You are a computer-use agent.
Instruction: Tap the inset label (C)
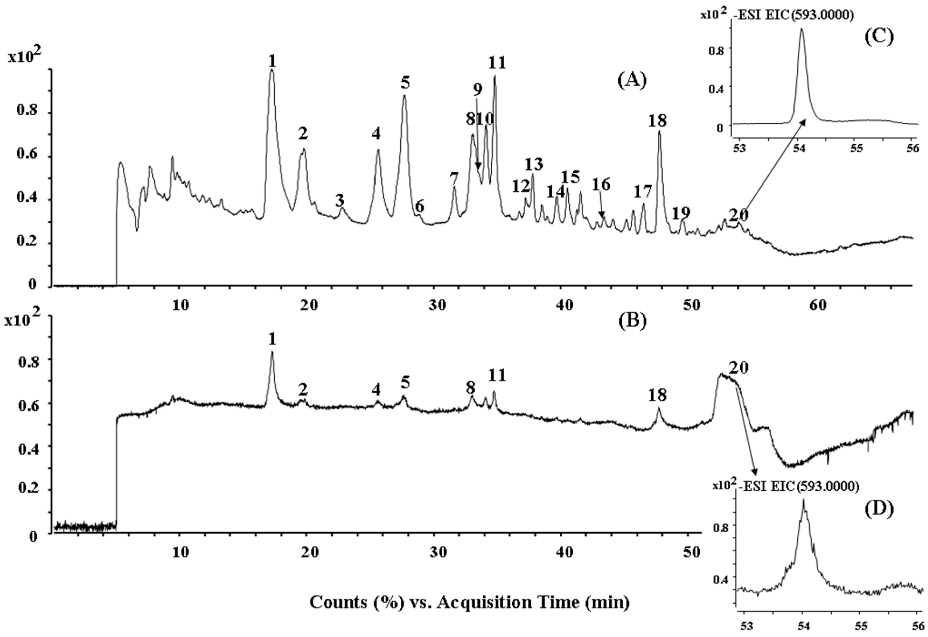(x=879, y=37)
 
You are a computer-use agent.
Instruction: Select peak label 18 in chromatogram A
(x=657, y=120)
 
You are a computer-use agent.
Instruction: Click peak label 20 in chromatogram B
(x=738, y=367)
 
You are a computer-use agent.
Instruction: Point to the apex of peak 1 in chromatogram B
(x=272, y=352)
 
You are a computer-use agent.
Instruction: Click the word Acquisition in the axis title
(x=507, y=602)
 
